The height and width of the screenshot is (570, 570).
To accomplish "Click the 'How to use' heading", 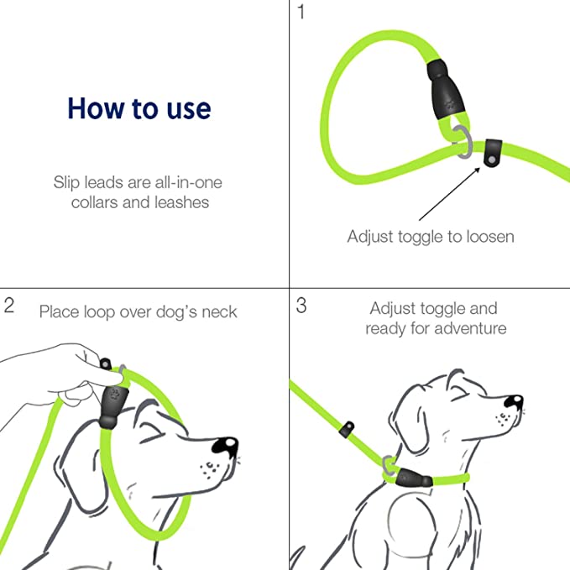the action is coord(139,108).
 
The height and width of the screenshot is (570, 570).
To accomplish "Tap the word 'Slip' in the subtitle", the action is coord(65,182).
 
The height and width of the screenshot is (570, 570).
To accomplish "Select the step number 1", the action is coord(301,12).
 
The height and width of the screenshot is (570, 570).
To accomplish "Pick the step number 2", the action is coord(9,306).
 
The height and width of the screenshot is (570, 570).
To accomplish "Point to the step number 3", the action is coord(301,306).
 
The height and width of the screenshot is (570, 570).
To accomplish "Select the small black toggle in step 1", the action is coord(493,153).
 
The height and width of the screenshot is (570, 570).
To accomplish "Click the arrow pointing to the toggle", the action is coord(449,193).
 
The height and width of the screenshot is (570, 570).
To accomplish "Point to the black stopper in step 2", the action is coord(112,407).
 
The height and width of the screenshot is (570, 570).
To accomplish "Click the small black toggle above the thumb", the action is coord(106,363).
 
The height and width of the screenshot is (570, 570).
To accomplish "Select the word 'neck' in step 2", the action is coord(219,312).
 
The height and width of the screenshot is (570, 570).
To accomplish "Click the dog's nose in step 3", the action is coord(513,401).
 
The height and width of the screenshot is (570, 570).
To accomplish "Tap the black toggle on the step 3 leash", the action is coord(347,429).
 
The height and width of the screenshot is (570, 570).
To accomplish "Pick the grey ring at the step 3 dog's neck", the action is coord(389,466).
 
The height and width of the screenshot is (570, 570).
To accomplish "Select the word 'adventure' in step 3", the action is coord(470,328).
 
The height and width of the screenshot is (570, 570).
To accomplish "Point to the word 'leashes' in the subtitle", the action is coord(182,202).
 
